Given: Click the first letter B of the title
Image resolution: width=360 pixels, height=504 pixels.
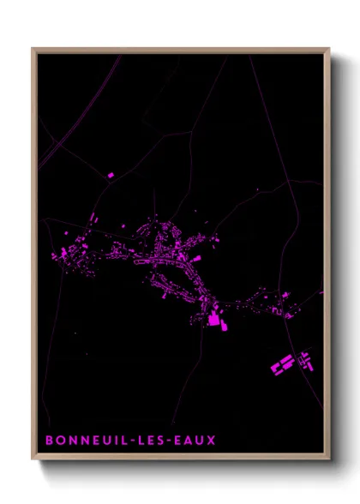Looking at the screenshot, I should tap(50, 441).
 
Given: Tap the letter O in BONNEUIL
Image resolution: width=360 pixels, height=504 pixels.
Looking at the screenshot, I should tap(60, 441).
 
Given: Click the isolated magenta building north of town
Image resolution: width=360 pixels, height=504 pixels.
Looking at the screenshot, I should tap(111, 175).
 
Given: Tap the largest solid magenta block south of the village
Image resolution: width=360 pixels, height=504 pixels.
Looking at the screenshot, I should tap(213, 320).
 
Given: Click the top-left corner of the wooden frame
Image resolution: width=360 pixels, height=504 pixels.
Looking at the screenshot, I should tap(33, 49).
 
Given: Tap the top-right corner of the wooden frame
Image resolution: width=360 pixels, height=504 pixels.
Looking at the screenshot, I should tap(328, 49).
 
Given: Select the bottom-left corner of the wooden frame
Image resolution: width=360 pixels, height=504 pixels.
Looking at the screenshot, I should tap(33, 459).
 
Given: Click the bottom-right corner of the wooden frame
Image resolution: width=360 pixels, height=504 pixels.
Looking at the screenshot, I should tap(328, 459).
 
